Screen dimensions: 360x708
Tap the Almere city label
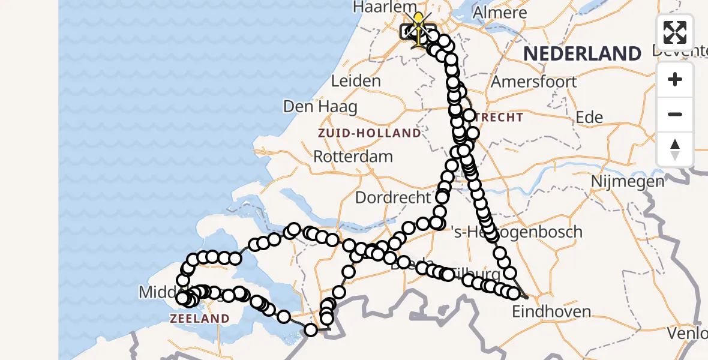(500, 12)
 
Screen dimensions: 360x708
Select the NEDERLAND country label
(582, 53)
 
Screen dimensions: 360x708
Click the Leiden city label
(355, 81)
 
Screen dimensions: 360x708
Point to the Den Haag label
(320, 107)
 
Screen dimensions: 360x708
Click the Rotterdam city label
(353, 157)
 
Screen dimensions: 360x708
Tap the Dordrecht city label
(393, 197)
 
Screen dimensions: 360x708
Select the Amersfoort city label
(534, 82)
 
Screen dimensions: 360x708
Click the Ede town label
(589, 117)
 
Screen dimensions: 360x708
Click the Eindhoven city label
(551, 311)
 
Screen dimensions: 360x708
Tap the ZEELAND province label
(200, 319)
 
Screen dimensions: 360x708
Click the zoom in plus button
(675, 80)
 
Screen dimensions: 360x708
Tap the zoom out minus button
(675, 114)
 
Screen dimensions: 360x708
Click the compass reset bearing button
(675, 149)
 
